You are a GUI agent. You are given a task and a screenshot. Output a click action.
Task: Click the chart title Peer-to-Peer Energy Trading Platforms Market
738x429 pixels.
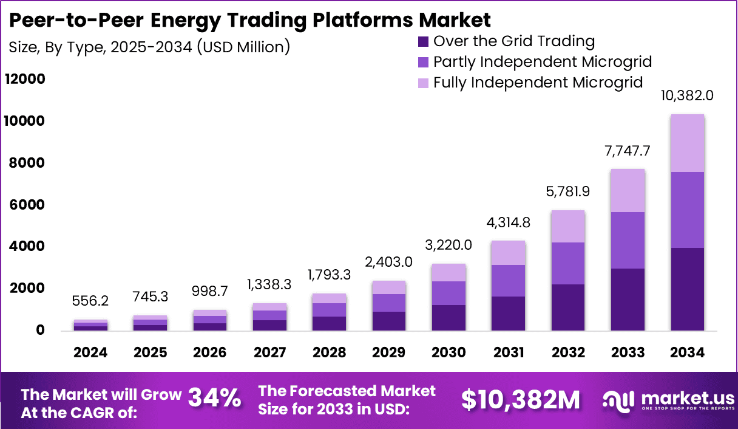point(249,19)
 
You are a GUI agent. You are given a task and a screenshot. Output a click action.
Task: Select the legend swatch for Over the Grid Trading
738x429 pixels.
point(423,42)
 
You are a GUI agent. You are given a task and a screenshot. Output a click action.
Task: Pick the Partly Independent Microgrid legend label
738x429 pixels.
point(543,61)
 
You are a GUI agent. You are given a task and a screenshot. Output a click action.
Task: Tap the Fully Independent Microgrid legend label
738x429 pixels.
point(538,82)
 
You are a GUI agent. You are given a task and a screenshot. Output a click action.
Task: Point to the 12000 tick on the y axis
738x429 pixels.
point(25,80)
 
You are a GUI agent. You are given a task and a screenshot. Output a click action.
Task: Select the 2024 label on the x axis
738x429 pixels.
point(91,352)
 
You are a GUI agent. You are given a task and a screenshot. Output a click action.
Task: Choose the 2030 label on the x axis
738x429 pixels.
point(449,352)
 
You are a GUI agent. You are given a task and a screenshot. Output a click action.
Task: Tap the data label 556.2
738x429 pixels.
point(91,301)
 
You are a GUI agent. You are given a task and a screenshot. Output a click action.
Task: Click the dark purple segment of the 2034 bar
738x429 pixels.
point(687,289)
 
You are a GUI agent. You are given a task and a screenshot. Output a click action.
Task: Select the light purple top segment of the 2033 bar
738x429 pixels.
point(628,190)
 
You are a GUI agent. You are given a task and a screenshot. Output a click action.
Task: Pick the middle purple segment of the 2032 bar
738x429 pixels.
point(568,263)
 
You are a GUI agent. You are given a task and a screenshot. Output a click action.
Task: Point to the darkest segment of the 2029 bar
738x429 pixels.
point(389,321)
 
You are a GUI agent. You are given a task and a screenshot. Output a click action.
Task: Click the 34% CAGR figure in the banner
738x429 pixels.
point(214,399)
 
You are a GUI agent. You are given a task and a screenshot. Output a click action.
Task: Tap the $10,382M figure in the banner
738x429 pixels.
point(520,399)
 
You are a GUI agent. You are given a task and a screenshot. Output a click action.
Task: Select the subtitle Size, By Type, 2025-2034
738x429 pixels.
point(149,46)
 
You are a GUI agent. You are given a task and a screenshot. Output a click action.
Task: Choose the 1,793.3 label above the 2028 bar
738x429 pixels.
point(330,275)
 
